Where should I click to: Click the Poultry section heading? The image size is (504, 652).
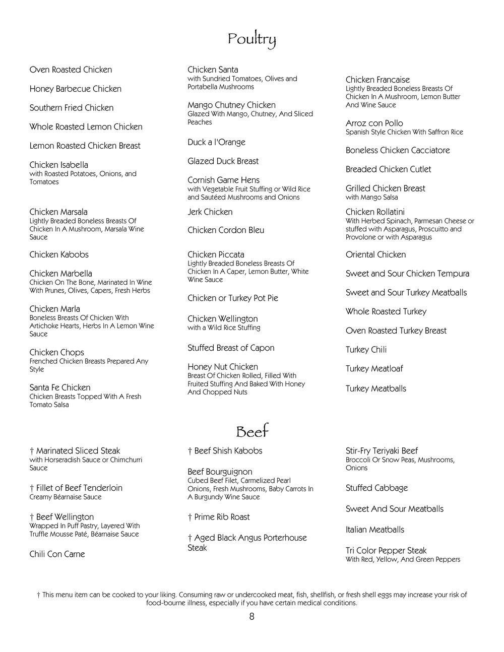point(251,39)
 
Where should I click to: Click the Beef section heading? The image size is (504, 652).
point(252,432)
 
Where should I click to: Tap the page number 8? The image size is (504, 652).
point(251,616)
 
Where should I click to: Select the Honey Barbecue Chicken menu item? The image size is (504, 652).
point(75,89)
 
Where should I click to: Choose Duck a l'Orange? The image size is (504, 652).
point(216,142)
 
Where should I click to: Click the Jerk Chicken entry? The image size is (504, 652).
point(210,212)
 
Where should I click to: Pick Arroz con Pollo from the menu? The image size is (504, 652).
point(374,123)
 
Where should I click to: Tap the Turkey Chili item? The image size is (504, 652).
point(366,350)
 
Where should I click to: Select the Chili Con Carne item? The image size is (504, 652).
point(57,554)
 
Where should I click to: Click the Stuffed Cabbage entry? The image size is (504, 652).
point(376,488)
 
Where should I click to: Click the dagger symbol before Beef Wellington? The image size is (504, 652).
point(32,517)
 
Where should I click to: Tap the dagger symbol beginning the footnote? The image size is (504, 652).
point(38,595)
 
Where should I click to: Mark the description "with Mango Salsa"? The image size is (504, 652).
point(371,198)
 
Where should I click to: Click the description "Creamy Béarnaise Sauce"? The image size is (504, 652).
point(66,497)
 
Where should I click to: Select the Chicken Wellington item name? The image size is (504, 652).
point(222,318)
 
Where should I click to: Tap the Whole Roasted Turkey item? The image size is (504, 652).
point(386,311)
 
